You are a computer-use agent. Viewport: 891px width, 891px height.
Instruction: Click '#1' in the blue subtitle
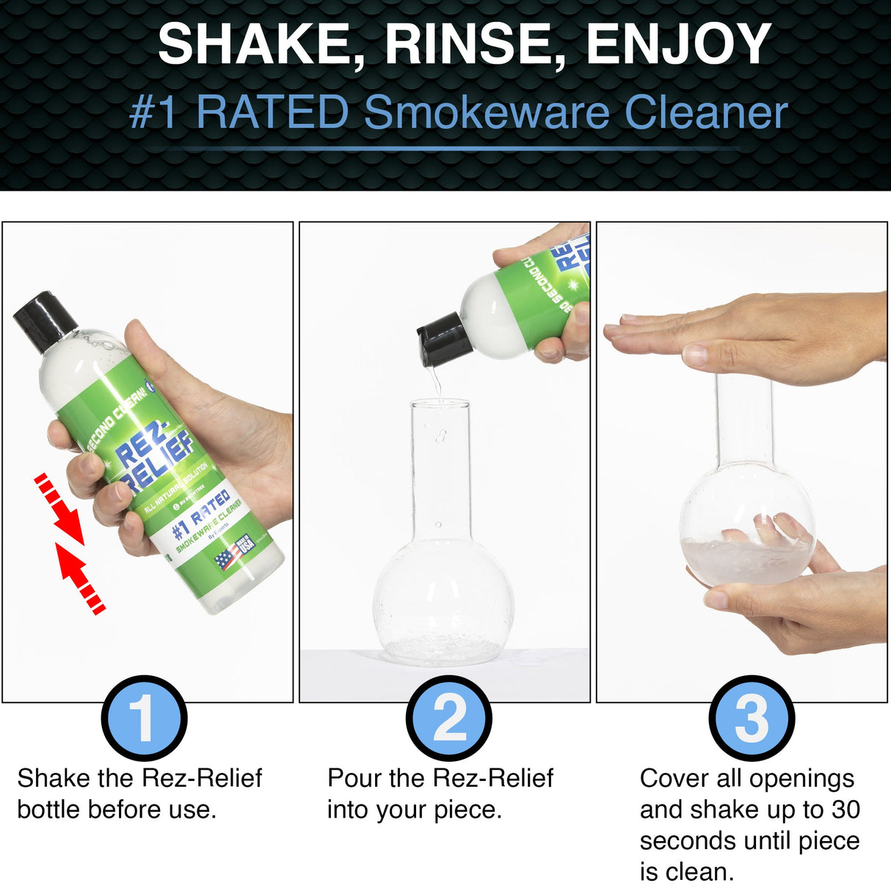153,113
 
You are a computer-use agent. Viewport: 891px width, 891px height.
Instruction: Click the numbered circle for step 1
145,718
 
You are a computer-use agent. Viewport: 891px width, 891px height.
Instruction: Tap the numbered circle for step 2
449,718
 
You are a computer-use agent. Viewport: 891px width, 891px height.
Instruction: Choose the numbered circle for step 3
752,718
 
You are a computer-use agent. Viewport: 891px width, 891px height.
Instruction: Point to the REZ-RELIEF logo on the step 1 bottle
154,459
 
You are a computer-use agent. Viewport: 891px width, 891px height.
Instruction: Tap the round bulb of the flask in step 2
443,602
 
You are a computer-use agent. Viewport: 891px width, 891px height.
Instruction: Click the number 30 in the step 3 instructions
845,810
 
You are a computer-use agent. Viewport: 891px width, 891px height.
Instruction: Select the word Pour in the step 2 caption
354,778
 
